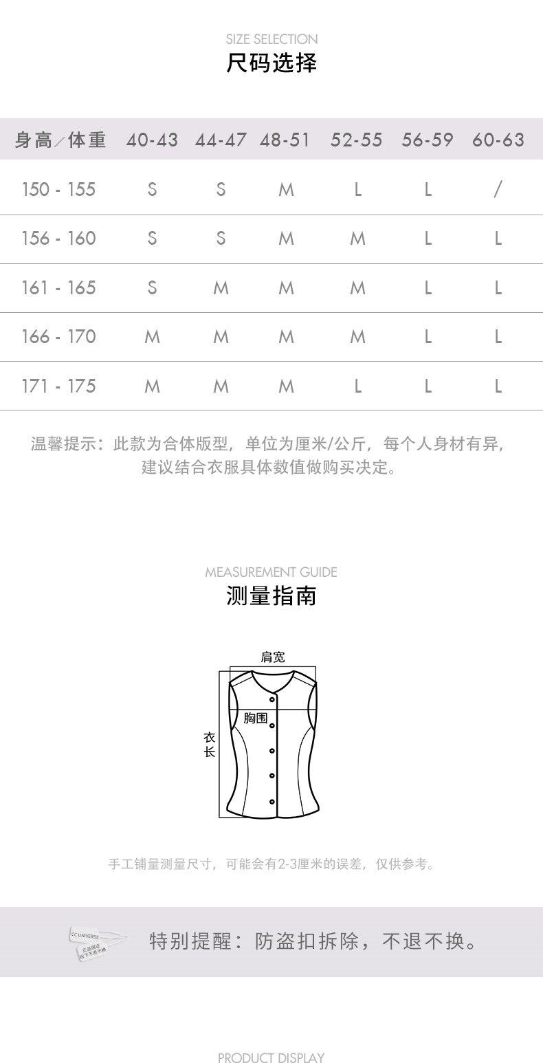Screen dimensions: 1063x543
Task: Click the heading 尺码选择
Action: tap(271, 63)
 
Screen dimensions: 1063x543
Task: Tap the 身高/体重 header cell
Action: tap(60, 140)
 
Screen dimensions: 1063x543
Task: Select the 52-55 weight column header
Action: tap(356, 140)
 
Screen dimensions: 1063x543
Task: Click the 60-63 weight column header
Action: tap(498, 140)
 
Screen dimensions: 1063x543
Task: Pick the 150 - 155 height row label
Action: tap(58, 189)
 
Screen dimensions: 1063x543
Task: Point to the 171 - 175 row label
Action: tap(58, 386)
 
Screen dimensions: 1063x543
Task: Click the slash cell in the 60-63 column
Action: tap(498, 189)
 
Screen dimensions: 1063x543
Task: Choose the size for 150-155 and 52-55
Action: tap(357, 189)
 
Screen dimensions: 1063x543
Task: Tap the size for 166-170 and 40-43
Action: tap(152, 337)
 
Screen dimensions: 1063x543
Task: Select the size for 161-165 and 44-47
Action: tap(221, 288)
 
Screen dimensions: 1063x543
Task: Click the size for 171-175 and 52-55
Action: tap(357, 386)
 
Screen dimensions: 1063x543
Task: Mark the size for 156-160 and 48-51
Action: tap(286, 239)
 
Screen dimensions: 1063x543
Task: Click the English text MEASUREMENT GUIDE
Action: tap(271, 572)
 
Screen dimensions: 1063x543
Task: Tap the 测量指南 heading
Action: tap(271, 595)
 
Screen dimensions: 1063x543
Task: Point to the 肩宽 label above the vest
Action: tap(272, 657)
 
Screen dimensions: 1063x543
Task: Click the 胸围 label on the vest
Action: tap(256, 718)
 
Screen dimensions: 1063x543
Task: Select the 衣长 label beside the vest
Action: tap(210, 745)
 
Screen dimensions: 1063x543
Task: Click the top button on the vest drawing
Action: tap(272, 700)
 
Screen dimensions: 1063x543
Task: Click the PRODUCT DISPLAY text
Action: tap(271, 1057)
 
